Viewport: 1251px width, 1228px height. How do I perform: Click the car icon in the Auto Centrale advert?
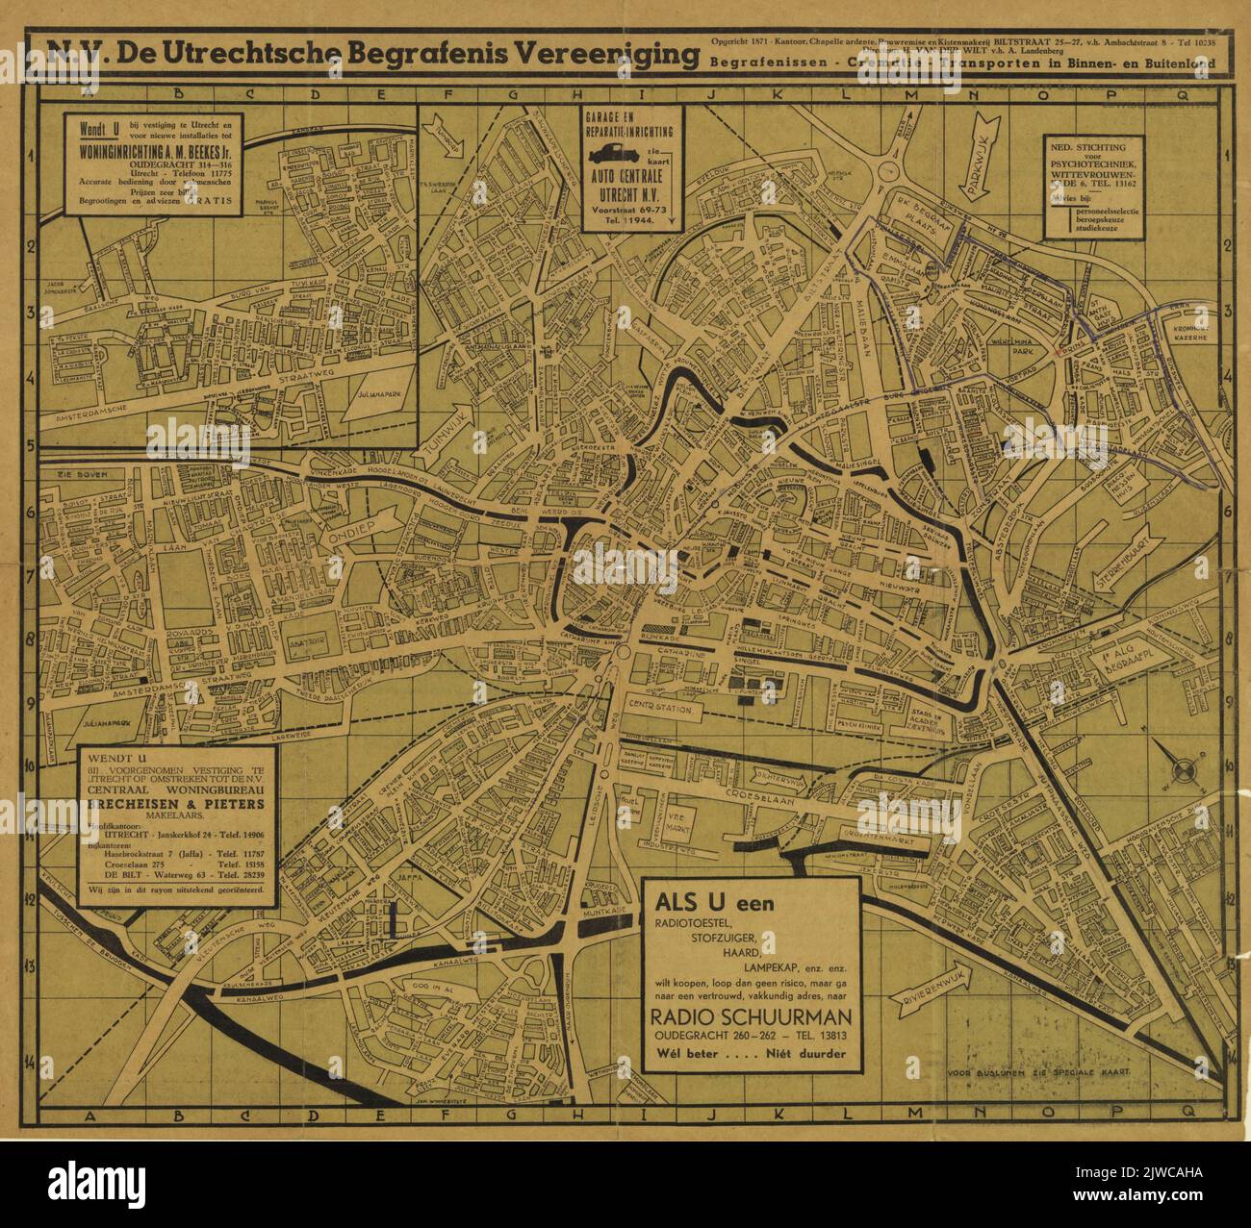click(614, 154)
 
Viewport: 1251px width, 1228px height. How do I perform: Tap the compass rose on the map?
click(1182, 767)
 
